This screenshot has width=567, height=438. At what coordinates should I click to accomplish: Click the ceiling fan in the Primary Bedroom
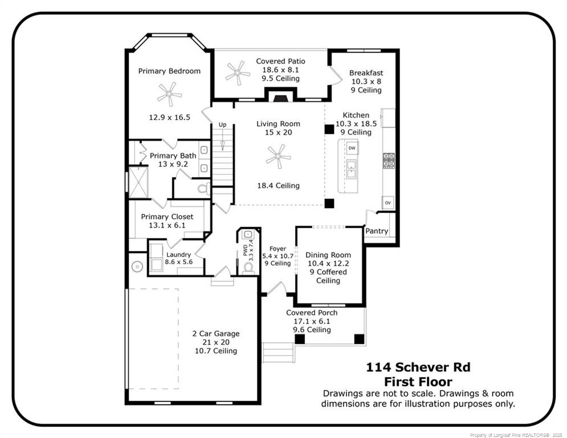pyautogui.click(x=169, y=94)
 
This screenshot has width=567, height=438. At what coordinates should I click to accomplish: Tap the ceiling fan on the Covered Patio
pyautogui.click(x=238, y=72)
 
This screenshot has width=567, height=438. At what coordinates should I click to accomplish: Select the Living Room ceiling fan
pyautogui.click(x=278, y=156)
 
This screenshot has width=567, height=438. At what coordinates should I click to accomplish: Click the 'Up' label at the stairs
pyautogui.click(x=222, y=124)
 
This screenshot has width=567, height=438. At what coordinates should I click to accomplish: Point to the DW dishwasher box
pyautogui.click(x=352, y=148)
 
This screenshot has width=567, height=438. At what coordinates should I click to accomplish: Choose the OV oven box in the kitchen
pyautogui.click(x=388, y=202)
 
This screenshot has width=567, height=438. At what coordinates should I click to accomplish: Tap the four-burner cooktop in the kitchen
pyautogui.click(x=389, y=160)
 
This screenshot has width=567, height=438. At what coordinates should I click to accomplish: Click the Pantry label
pyautogui.click(x=377, y=231)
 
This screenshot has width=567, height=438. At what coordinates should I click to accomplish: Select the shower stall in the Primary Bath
pyautogui.click(x=137, y=181)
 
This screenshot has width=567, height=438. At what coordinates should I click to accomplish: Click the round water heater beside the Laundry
pyautogui.click(x=137, y=266)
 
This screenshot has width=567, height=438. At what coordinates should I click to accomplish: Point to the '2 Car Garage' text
pyautogui.click(x=215, y=334)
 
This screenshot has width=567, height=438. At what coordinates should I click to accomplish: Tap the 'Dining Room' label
pyautogui.click(x=328, y=255)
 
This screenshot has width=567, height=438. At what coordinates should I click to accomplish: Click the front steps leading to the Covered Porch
pyautogui.click(x=278, y=352)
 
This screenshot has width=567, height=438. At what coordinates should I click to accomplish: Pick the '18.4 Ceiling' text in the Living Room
pyautogui.click(x=278, y=185)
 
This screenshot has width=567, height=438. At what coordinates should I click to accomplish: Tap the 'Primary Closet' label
pyautogui.click(x=167, y=217)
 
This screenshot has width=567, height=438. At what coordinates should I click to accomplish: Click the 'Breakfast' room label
pyautogui.click(x=366, y=73)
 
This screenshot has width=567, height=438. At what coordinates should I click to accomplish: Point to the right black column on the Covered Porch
pyautogui.click(x=359, y=339)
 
